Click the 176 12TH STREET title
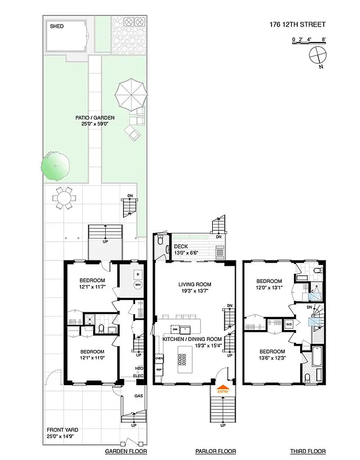pos(298,25)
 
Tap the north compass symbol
pos(317,56)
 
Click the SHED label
pos(56,26)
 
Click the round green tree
pos(55,166)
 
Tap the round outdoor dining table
pos(63,198)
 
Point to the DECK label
pos(182,246)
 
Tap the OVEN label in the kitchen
pos(159,358)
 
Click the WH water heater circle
pos(138,285)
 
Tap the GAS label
pos(138,396)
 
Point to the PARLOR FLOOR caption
pos(216,451)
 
